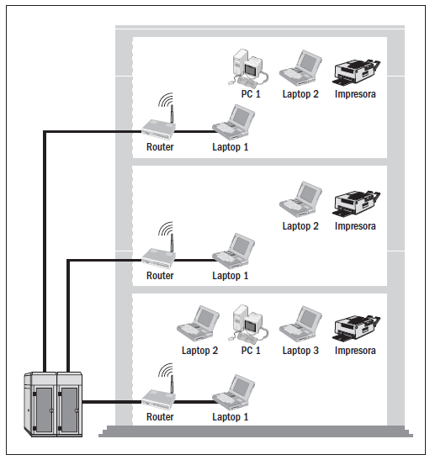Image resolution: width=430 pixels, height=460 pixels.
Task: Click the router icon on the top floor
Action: (x=158, y=129)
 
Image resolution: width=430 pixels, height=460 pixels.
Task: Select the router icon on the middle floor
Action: (x=158, y=258)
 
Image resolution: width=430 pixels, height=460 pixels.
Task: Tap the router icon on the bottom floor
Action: (x=158, y=399)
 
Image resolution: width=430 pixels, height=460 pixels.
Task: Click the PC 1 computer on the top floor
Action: (x=248, y=67)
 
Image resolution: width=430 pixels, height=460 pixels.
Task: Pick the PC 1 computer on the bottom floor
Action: (x=248, y=324)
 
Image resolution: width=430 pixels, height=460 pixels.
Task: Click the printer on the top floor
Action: (x=356, y=72)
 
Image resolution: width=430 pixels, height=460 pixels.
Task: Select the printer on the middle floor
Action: (x=356, y=204)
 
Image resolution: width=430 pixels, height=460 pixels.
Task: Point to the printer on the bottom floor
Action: (x=356, y=328)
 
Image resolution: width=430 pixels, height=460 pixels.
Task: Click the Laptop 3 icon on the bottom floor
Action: (x=300, y=324)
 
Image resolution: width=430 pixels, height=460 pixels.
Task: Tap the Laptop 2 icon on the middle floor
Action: (x=300, y=199)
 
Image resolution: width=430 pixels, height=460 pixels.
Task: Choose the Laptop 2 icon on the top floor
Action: (x=300, y=68)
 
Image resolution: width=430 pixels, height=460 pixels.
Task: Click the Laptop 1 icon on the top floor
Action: (x=234, y=122)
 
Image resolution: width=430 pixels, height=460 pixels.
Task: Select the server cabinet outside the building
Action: (x=53, y=404)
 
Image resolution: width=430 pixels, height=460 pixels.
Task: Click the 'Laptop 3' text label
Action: (x=300, y=351)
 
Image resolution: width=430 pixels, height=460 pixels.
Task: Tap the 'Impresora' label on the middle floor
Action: (x=355, y=226)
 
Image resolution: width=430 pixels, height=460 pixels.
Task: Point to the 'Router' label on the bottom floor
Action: (x=160, y=417)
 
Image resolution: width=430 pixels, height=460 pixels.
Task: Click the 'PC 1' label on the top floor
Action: (x=251, y=94)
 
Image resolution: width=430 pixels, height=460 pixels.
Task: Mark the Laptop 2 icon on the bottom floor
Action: (x=198, y=324)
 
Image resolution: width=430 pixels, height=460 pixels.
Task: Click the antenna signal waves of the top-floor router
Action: (x=166, y=100)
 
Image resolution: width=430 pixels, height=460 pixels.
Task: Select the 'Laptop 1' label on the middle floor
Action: (x=230, y=276)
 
